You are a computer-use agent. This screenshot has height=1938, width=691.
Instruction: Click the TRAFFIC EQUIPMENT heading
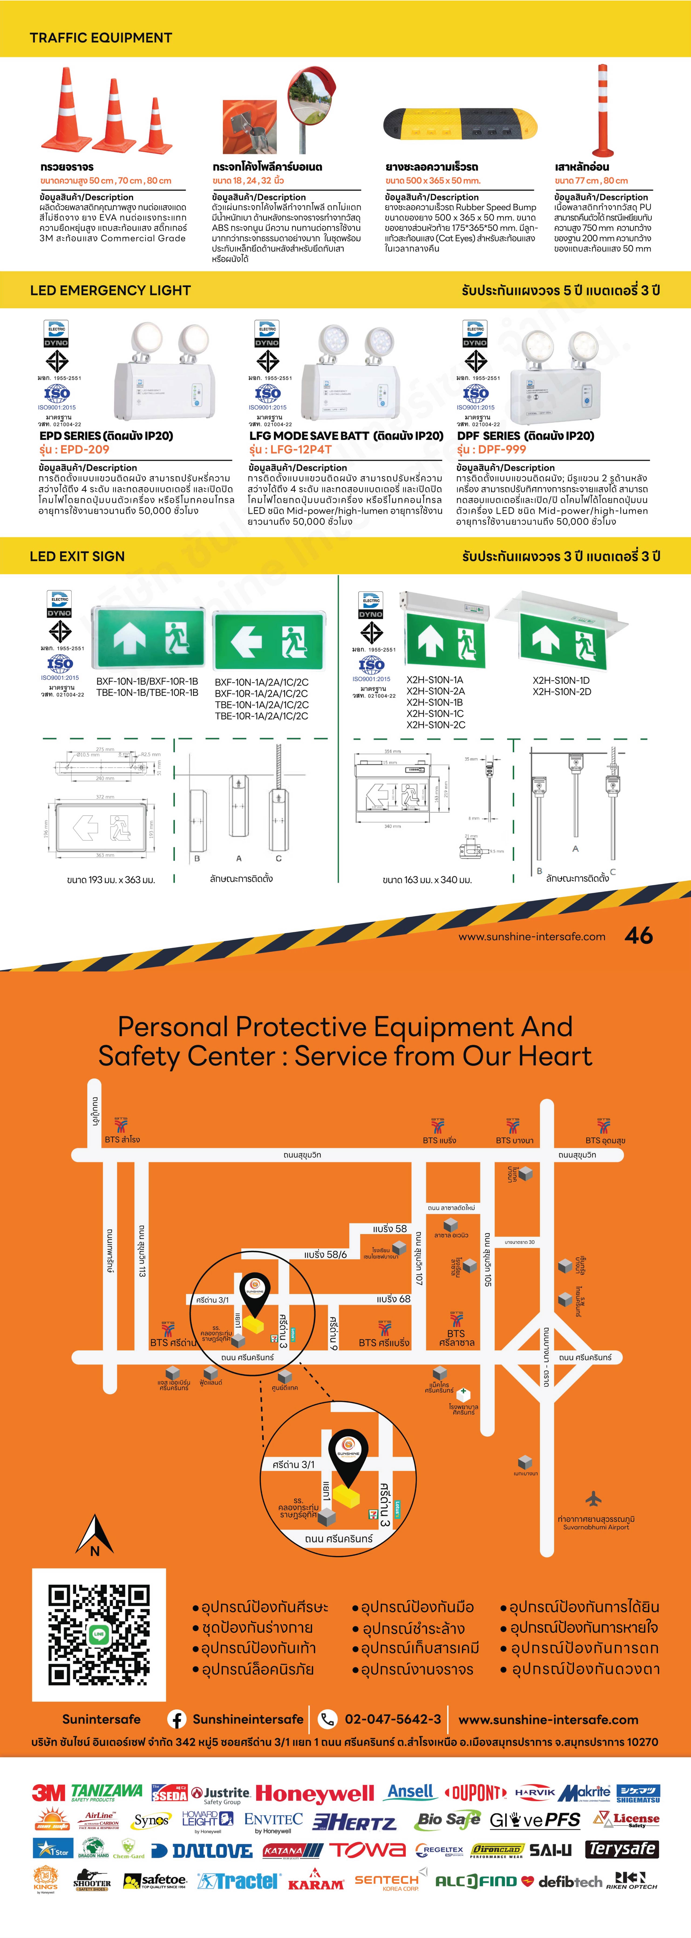(x=101, y=38)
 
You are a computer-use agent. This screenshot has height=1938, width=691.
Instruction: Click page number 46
(x=638, y=935)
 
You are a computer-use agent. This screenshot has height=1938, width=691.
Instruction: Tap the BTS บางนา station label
(x=514, y=1140)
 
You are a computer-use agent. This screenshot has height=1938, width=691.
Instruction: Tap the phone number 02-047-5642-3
(x=392, y=1719)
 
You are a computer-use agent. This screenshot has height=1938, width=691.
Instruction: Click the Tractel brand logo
(x=239, y=1882)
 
